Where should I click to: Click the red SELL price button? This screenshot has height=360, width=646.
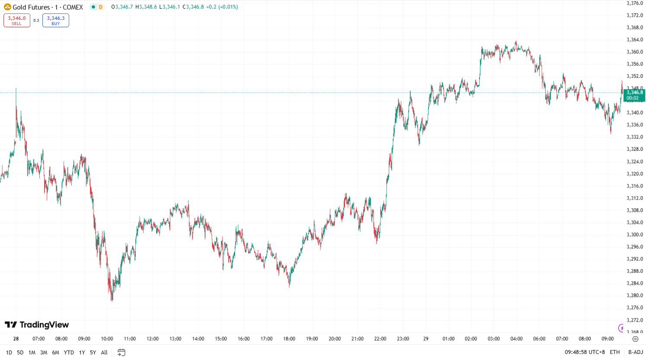tap(17, 20)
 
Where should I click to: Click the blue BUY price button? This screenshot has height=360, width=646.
tap(56, 20)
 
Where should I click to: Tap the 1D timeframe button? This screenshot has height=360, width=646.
tap(9, 353)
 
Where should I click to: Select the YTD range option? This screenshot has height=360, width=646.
tap(69, 353)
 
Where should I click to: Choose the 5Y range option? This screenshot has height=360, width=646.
tap(93, 353)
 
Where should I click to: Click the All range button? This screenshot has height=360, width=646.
tap(104, 353)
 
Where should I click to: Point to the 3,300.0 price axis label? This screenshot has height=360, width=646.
tap(635, 235)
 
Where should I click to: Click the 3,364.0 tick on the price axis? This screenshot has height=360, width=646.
tap(635, 40)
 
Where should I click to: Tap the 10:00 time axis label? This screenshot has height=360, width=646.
tap(107, 339)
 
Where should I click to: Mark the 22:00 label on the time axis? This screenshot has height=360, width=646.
tap(380, 339)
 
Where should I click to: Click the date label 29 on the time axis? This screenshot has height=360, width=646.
tap(426, 339)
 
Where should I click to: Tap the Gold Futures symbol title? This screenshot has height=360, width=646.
tap(48, 7)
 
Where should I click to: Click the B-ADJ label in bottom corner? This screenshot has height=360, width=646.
tap(636, 353)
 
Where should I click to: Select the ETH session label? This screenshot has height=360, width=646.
tap(614, 353)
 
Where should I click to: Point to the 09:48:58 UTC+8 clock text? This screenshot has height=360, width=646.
tap(585, 353)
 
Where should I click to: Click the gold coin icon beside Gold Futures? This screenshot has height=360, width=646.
tap(7, 7)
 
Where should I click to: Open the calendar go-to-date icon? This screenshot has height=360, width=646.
tap(122, 353)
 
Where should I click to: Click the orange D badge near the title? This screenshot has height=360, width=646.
tap(101, 7)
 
